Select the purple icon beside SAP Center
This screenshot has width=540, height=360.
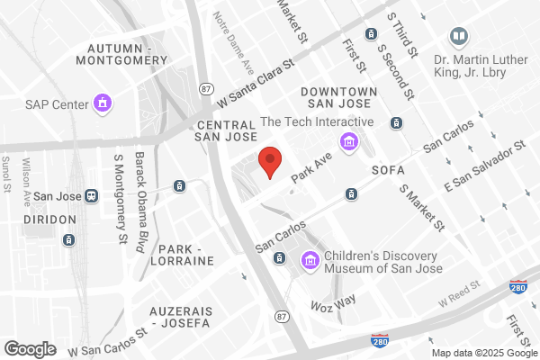click(103, 103)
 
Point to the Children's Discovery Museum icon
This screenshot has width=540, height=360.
click(310, 260)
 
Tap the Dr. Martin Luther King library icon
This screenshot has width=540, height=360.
click(459, 37)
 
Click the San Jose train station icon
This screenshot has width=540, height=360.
click(91, 195)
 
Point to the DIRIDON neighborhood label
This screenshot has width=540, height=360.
click(44, 217)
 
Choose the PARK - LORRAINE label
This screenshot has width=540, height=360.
click(185, 254)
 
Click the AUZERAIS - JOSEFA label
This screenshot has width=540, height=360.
click(183, 317)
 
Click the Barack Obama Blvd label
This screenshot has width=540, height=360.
click(140, 202)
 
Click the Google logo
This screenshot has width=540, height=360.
click(30, 348)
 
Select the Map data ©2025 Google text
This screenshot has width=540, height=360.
click(483, 351)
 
